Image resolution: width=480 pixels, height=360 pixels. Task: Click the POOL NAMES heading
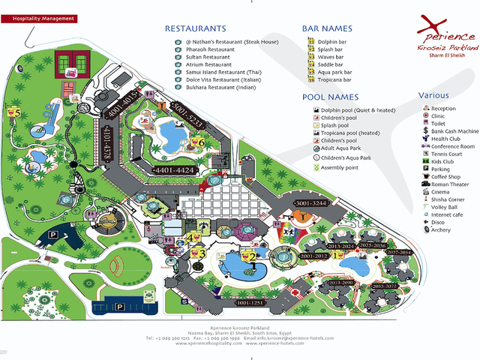pos(331,97)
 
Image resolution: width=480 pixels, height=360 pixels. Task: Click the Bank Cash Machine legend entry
pos(454,131)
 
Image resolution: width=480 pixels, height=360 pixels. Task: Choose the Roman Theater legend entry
pos(449,184)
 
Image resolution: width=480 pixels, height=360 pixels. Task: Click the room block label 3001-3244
pos(311,204)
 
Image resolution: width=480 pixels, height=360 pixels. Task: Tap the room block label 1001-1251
pos(250,303)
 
